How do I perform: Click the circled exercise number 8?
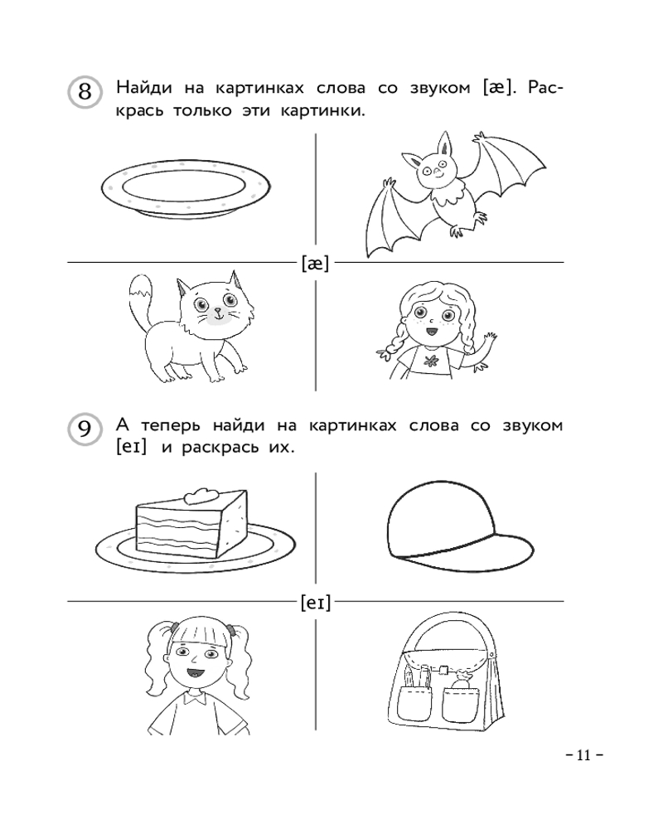(85, 91)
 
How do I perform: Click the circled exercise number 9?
(85, 429)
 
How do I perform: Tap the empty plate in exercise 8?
(186, 188)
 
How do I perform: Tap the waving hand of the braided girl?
(488, 341)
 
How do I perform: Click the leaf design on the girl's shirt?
(429, 361)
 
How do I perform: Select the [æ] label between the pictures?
(315, 263)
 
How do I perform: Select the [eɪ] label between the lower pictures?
(316, 602)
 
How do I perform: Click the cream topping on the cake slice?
(201, 495)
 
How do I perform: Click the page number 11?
(583, 754)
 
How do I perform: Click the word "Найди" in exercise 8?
(144, 87)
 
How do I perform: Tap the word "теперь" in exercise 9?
(170, 425)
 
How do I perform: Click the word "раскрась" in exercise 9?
(220, 448)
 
